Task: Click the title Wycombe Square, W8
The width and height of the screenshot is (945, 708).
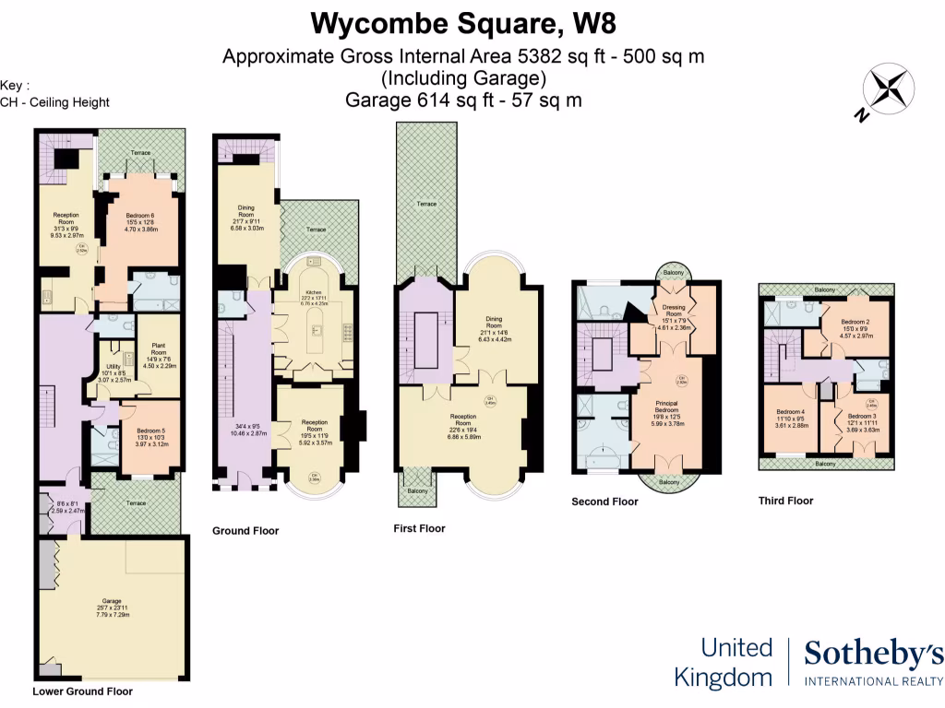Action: coord(463,21)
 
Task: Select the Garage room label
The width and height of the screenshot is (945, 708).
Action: coord(112,601)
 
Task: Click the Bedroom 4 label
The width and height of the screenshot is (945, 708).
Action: coord(790,417)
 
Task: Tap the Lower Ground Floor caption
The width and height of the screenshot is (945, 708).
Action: coord(82,690)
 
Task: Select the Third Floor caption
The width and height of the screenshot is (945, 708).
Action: coord(785,501)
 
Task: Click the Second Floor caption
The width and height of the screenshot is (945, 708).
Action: coord(604,501)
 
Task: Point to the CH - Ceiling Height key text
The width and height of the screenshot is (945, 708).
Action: coord(54,102)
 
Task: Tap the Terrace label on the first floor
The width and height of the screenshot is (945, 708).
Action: coord(425,204)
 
